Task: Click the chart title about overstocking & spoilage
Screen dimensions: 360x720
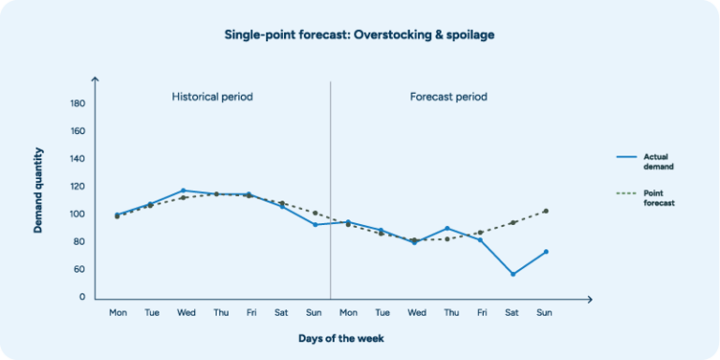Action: (359, 35)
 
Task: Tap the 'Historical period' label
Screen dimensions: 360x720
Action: (212, 97)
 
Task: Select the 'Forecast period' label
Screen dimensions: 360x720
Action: (448, 97)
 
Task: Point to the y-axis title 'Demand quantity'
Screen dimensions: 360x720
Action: (39, 189)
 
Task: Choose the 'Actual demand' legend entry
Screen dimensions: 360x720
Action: (658, 160)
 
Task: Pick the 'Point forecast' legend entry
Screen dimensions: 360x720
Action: (658, 198)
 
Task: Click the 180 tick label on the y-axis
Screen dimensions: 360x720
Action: (78, 104)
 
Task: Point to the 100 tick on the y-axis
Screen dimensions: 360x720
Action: (78, 215)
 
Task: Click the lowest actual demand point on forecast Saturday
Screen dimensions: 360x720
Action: (513, 274)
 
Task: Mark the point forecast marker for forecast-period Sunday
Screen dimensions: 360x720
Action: (546, 211)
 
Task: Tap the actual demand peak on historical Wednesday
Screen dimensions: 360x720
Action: (184, 190)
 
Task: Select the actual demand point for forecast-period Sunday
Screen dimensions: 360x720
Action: (546, 251)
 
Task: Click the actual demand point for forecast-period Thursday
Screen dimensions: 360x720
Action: (447, 228)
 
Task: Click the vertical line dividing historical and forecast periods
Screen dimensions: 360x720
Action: (330, 187)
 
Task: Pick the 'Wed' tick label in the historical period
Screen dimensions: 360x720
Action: (186, 312)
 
